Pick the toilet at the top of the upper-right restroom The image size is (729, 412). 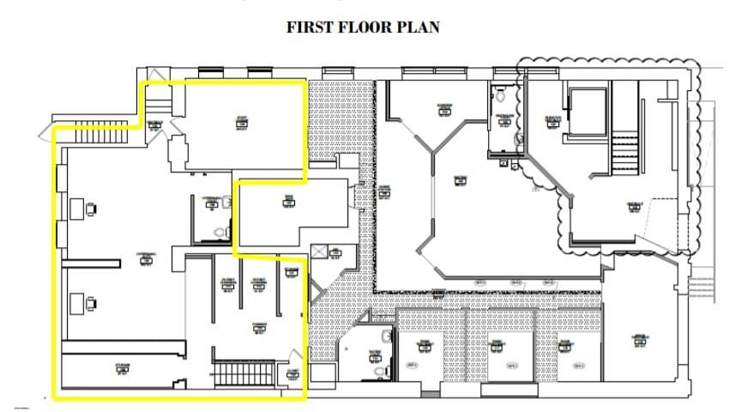coord(500,97)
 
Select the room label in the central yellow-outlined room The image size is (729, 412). coord(288,203)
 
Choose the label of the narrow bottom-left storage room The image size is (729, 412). coord(122,371)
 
